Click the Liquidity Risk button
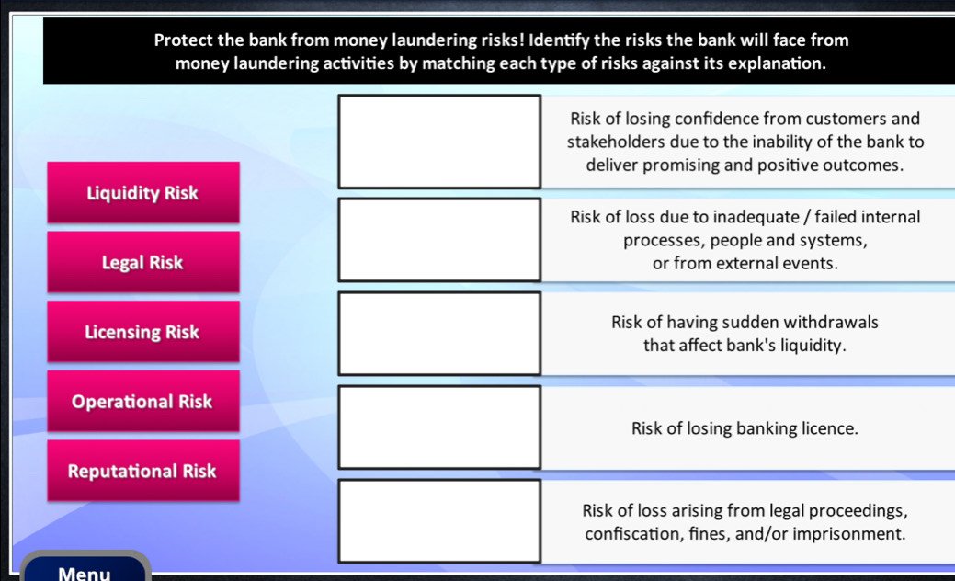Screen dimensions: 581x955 (142, 193)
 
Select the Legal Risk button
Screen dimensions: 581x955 (142, 262)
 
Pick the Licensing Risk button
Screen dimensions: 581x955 (142, 332)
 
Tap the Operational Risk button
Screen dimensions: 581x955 (142, 402)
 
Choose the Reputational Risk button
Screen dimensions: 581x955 (142, 472)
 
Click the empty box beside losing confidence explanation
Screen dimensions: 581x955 (439, 142)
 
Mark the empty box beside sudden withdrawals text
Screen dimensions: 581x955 (439, 334)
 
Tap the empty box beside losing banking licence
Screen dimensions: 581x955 (439, 428)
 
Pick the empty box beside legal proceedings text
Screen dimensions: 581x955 (439, 521)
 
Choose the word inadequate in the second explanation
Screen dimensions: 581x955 (754, 217)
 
